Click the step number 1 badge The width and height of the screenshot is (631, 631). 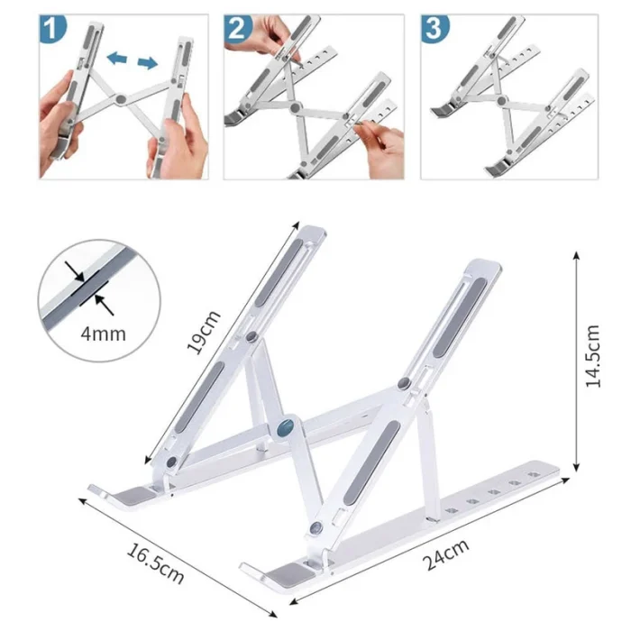(52, 28)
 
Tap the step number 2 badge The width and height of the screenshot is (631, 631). (237, 28)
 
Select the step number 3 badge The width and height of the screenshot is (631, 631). (434, 28)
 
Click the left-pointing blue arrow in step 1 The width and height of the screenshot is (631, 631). (116, 58)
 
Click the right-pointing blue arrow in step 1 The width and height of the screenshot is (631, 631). (148, 62)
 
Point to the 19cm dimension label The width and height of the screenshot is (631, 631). (204, 332)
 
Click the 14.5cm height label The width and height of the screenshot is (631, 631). (593, 356)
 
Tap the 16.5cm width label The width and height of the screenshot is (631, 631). (155, 562)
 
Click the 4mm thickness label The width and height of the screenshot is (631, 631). (104, 334)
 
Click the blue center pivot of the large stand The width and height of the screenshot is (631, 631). (286, 428)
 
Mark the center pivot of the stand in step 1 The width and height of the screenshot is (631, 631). (121, 99)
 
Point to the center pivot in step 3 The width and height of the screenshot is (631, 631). (501, 101)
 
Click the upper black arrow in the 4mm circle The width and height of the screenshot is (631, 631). (75, 270)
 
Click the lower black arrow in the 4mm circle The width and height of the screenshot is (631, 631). (104, 305)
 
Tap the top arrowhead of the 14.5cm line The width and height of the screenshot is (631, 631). (576, 255)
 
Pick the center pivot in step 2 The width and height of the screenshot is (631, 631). (296, 107)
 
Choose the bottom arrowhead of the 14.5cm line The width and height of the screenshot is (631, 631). (576, 467)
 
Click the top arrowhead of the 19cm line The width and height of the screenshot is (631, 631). (297, 224)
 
